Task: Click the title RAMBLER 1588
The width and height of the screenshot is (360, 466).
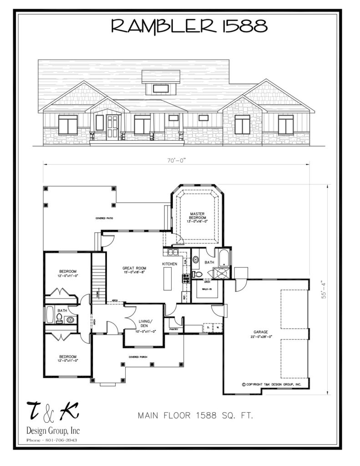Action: [x=189, y=26]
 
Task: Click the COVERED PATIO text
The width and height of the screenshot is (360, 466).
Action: [x=104, y=218]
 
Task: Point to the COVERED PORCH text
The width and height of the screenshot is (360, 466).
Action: [x=139, y=357]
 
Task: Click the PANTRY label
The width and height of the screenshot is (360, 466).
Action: [x=173, y=329]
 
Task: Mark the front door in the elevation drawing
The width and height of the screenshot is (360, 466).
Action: [x=112, y=127]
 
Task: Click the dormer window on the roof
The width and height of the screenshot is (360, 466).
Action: [x=161, y=88]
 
